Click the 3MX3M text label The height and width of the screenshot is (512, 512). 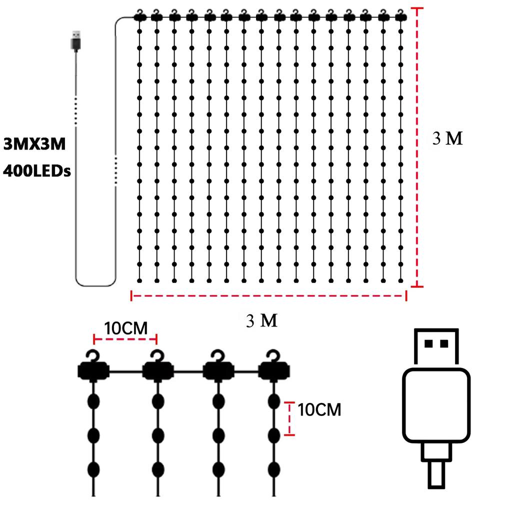click(34, 144)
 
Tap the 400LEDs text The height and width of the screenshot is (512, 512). click(36, 171)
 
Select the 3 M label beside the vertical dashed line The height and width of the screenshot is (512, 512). click(447, 138)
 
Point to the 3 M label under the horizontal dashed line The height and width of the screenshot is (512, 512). click(261, 320)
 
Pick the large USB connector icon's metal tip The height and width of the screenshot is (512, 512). click(436, 346)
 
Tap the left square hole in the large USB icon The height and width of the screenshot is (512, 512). click(428, 343)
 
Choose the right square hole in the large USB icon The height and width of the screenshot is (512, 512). click(444, 343)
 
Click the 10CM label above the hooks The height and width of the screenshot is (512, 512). click(125, 328)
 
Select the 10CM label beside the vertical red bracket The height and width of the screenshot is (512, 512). click(319, 409)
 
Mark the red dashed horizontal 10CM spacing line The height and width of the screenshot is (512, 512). click(125, 339)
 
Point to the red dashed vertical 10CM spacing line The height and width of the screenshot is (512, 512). click(289, 418)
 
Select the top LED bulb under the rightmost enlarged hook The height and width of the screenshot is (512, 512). click(274, 401)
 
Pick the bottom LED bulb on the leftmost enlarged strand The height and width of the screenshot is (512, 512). click(93, 469)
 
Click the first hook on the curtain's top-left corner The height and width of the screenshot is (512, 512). click(139, 15)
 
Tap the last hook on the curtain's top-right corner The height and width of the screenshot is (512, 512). click(400, 15)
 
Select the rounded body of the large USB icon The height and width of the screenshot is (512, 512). click(436, 405)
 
